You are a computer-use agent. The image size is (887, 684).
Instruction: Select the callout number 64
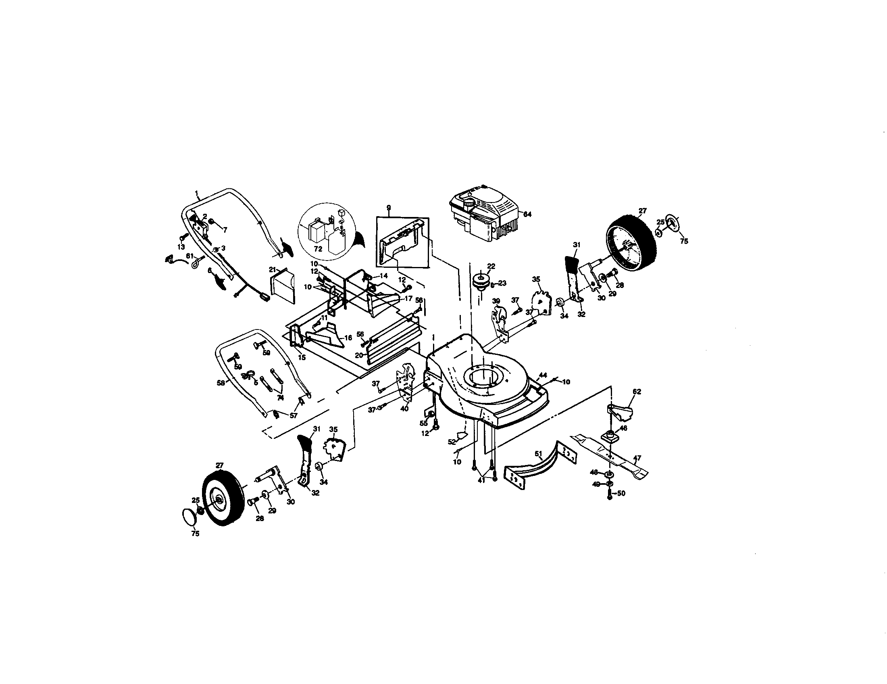(527, 214)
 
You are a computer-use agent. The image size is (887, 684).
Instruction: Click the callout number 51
(539, 454)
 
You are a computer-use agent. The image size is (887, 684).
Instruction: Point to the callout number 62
(637, 392)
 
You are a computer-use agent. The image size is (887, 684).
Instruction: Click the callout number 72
(319, 248)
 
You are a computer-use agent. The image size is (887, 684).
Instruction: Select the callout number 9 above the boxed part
(389, 208)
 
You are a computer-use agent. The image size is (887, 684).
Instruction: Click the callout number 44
(543, 375)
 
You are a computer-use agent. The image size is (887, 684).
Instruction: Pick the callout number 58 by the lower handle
(221, 383)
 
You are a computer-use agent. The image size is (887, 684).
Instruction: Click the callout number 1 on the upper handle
(197, 192)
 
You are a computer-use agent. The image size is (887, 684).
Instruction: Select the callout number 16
(348, 338)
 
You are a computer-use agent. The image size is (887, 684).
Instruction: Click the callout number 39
(496, 300)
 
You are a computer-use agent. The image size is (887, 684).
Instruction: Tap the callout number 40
(404, 409)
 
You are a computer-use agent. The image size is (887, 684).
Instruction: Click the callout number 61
(189, 255)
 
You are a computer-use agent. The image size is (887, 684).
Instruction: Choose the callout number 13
(181, 247)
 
